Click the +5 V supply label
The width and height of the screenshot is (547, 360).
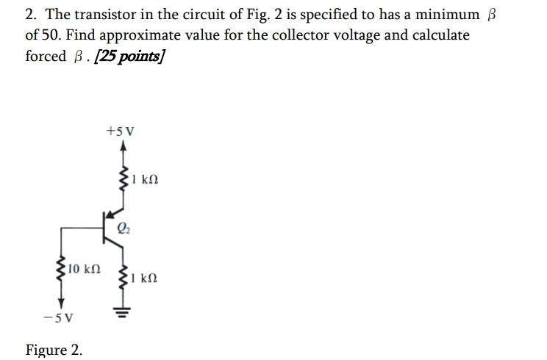point(120,132)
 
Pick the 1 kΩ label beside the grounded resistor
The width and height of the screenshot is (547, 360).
point(146,279)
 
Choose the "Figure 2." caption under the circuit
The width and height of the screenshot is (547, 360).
point(54,349)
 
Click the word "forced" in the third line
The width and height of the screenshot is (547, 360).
point(46,57)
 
